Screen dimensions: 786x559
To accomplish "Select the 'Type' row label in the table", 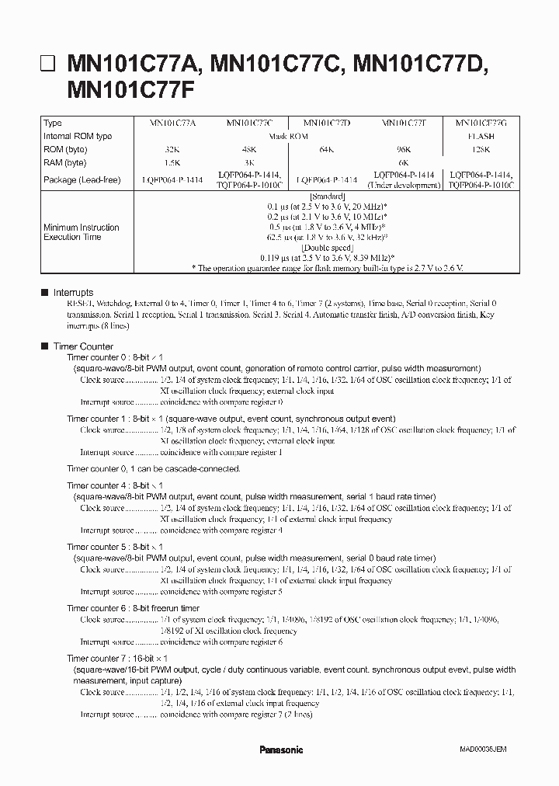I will (x=53, y=123).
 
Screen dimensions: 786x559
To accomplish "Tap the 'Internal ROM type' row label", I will (x=78, y=136).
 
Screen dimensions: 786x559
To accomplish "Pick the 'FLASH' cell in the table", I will (x=479, y=136).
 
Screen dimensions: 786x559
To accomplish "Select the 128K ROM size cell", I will (x=479, y=150).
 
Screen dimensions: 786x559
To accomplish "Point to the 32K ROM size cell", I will (x=172, y=150).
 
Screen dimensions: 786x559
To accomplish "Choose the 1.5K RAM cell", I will (x=172, y=163).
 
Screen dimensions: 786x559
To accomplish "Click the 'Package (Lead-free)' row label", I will (x=82, y=179).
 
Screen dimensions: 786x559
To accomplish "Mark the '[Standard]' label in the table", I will (x=326, y=197).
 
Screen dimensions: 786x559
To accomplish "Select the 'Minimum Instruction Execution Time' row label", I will (x=81, y=232).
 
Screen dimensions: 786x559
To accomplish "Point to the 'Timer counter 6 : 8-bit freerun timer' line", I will (x=133, y=608).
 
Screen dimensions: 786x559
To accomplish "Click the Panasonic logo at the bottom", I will (x=280, y=750).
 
